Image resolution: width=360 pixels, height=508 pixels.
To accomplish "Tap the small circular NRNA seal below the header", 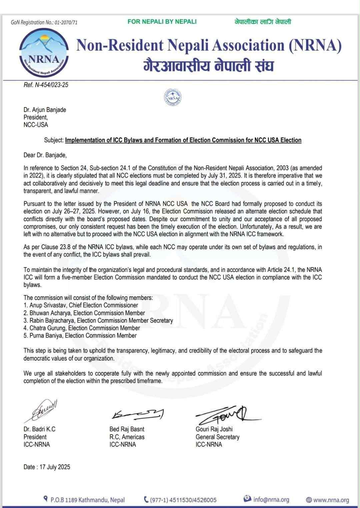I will coord(172,97).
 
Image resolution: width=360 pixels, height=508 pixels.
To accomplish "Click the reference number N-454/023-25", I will coord(46,85).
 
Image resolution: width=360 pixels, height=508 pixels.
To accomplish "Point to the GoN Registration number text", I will coord(44,22).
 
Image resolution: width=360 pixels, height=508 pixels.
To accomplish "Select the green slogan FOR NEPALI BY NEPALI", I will coord(162,22).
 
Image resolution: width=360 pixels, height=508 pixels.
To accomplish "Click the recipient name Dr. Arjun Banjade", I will coord(45,110).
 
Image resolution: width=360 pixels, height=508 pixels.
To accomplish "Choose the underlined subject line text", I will coord(183,140).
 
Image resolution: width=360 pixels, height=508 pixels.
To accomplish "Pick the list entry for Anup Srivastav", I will coord(81,305).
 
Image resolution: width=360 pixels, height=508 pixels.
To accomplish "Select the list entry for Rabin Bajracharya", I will coord(98,321).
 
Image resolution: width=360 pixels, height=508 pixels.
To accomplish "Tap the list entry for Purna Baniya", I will coord(80,336).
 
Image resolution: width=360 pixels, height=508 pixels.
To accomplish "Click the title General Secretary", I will coord(217,437).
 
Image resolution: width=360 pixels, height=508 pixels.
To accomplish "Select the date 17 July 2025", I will coord(47,467).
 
